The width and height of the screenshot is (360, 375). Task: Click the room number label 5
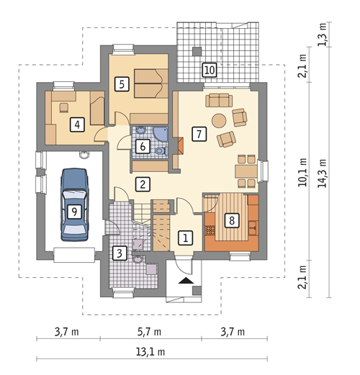122,84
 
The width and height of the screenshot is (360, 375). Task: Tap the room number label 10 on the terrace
210,70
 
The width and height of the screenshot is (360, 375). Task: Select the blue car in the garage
74,204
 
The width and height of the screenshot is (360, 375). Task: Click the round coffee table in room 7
219,120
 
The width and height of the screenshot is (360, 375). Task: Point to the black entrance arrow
186,281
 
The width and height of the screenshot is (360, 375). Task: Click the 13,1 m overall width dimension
150,352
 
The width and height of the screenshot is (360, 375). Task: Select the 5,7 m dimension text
149,332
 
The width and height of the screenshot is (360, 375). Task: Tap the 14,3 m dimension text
323,173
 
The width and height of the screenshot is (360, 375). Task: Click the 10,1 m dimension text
302,172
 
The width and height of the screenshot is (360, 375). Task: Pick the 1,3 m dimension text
323,34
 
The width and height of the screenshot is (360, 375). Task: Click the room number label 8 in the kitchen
232,220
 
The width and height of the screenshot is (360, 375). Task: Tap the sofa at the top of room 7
219,100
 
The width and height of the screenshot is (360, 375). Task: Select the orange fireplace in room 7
180,145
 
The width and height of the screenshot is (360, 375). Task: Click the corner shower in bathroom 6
161,134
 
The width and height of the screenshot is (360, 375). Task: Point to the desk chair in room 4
64,107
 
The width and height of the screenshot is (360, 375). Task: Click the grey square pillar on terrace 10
197,51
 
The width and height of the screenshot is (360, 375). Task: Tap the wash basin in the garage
84,155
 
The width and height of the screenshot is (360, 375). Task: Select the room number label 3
120,253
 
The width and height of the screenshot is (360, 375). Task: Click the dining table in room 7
246,171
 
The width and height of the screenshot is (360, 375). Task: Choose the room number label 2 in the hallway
143,184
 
